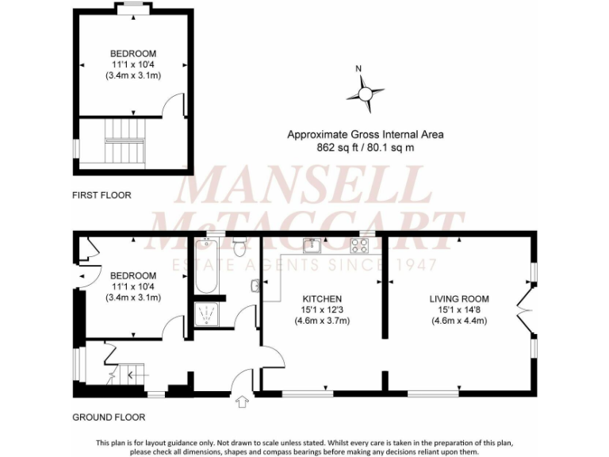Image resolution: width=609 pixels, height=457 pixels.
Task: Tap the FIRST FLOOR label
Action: [x=101, y=195]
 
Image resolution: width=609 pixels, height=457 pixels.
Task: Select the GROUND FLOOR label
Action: [x=109, y=417]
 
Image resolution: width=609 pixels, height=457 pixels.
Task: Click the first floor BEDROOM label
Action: [x=133, y=54]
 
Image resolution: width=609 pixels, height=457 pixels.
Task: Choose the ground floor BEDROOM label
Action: [x=133, y=275]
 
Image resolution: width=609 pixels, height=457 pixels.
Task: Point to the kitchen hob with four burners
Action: [x=362, y=245]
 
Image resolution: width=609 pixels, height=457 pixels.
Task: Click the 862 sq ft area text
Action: [x=365, y=148]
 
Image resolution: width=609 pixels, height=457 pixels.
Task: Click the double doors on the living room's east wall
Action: [x=524, y=313]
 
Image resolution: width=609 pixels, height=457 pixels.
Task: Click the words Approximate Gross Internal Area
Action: [x=365, y=135]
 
